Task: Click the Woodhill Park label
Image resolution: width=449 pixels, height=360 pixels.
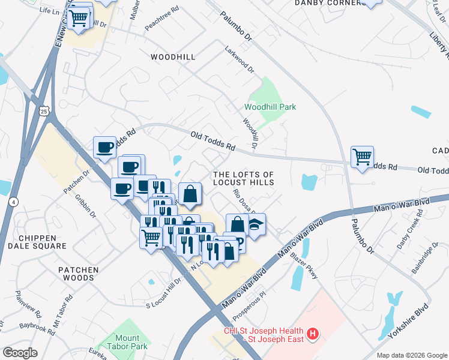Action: point(270,107)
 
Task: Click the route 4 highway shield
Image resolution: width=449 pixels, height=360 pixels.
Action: point(13,202)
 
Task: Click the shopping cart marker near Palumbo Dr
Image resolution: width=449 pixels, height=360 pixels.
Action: point(362,157)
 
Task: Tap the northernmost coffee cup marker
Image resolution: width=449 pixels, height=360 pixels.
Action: point(105,147)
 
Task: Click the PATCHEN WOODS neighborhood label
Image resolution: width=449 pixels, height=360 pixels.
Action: point(78,274)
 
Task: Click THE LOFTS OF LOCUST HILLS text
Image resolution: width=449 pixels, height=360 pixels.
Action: point(244,178)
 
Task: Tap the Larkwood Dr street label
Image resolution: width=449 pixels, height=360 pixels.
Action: point(240,60)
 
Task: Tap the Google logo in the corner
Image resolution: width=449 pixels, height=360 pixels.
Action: point(20,353)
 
